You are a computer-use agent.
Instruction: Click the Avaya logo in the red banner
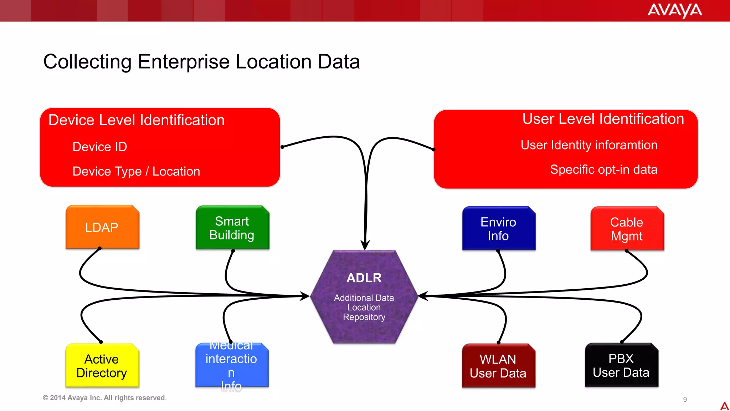(x=674, y=10)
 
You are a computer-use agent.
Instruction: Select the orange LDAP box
(x=102, y=227)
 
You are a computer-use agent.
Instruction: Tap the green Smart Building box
(x=232, y=228)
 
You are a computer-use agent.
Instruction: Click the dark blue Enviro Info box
(x=498, y=228)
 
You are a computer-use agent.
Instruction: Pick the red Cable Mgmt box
(x=627, y=229)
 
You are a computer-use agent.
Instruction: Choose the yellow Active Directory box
(x=102, y=365)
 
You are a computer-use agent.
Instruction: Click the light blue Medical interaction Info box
(x=232, y=365)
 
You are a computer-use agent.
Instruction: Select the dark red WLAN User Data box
(x=498, y=366)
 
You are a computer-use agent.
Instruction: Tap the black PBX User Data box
(x=621, y=365)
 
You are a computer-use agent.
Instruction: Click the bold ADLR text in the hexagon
(x=364, y=278)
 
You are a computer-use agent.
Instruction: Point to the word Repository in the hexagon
(x=364, y=317)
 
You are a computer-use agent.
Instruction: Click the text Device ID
(x=100, y=147)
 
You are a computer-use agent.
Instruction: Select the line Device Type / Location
(x=136, y=171)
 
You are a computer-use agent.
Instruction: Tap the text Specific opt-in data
(x=603, y=169)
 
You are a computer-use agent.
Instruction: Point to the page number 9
(x=685, y=399)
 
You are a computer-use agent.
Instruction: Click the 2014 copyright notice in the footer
(x=104, y=397)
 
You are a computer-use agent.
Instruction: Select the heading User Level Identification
(x=603, y=118)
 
